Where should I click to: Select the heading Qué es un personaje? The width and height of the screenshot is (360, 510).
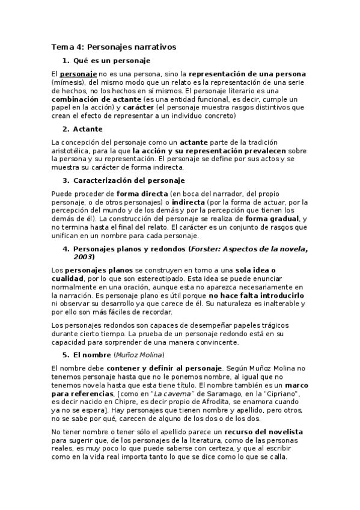pos(111,61)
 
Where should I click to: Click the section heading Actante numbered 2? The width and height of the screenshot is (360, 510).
pos(88,129)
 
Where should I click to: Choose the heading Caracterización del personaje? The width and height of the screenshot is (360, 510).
pos(129,180)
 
